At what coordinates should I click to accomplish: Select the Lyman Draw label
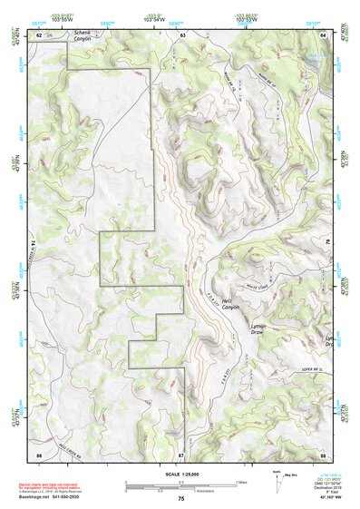click(260, 328)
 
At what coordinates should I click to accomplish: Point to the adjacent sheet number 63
click(182, 34)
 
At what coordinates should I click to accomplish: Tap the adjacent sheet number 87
click(181, 453)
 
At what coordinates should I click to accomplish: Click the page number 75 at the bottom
click(181, 499)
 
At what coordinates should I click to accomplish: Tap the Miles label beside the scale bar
click(240, 482)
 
